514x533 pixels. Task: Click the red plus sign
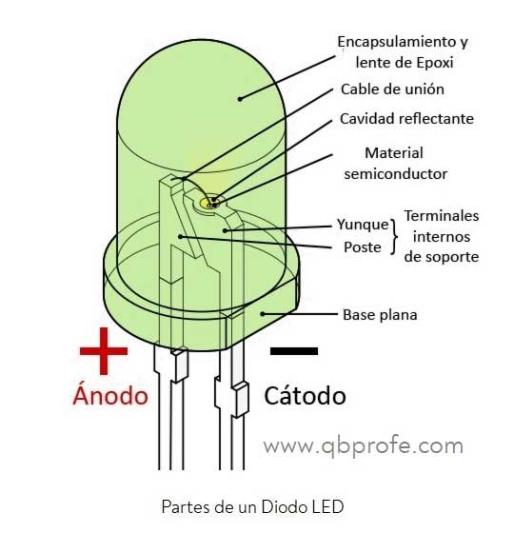(104, 351)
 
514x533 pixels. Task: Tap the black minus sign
(294, 351)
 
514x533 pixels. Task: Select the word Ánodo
(110, 394)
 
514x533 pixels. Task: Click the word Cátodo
(305, 395)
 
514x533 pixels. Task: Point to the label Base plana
(380, 315)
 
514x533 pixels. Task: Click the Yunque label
(363, 225)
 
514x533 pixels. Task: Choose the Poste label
(363, 247)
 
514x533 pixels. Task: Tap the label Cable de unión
(392, 89)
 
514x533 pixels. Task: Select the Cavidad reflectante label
(406, 119)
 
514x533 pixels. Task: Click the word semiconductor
(396, 173)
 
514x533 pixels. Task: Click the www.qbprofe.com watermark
(363, 445)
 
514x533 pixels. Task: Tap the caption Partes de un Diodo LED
(252, 506)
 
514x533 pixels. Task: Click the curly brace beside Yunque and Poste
(394, 237)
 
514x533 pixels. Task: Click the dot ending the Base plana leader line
(263, 314)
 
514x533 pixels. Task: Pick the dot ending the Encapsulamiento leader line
(240, 99)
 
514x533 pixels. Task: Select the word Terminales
(442, 216)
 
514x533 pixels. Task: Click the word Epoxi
(435, 63)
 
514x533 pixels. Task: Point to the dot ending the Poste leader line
(181, 237)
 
